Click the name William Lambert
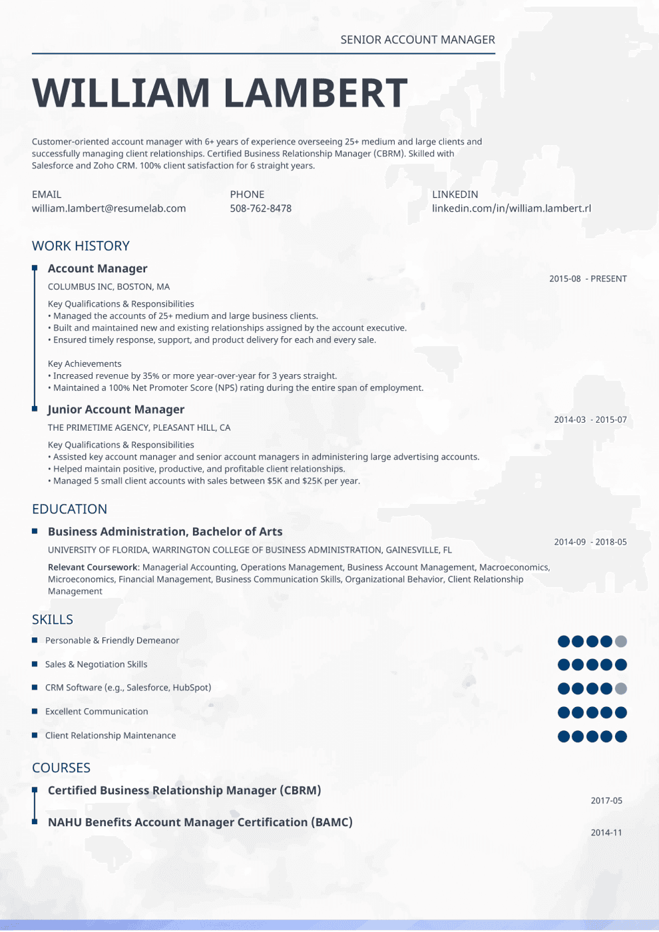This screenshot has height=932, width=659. pyautogui.click(x=220, y=93)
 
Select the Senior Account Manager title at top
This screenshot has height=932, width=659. pyautogui.click(x=417, y=40)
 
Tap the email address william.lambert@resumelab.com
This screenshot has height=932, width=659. pyautogui.click(x=109, y=208)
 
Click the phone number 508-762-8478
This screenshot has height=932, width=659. pyautogui.click(x=260, y=208)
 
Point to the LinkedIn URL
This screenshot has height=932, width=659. pyautogui.click(x=511, y=208)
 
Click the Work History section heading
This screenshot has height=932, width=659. pyautogui.click(x=81, y=246)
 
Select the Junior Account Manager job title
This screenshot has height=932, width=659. pyautogui.click(x=116, y=409)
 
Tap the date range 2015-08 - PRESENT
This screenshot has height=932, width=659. pyautogui.click(x=588, y=279)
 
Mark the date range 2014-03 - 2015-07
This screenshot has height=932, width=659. pyautogui.click(x=590, y=420)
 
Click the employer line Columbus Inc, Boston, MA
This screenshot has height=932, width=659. pyautogui.click(x=109, y=287)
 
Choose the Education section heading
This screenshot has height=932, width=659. pyautogui.click(x=69, y=509)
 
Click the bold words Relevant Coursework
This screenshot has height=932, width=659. pyautogui.click(x=93, y=567)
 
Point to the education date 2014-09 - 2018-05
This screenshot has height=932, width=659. pyautogui.click(x=590, y=542)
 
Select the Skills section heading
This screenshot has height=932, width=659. pyautogui.click(x=53, y=619)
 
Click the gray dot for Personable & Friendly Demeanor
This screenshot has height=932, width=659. pyautogui.click(x=621, y=641)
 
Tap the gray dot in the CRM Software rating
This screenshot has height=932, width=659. pyautogui.click(x=621, y=688)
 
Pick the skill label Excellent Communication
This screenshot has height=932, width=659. pyautogui.click(x=97, y=712)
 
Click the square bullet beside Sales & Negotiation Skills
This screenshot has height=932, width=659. pyautogui.click(x=35, y=664)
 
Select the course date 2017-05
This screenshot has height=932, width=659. pyautogui.click(x=606, y=801)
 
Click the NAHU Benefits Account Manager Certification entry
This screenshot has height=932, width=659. pyautogui.click(x=200, y=822)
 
